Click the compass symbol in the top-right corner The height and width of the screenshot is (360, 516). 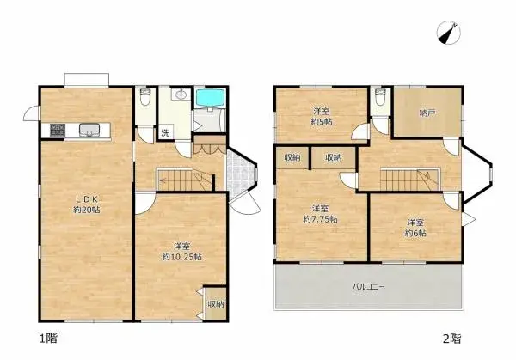coord(448,33)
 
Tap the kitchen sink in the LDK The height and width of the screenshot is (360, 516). coord(90,131)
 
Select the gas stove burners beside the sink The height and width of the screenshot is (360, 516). coord(58,131)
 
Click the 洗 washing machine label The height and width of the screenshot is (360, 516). coord(163,132)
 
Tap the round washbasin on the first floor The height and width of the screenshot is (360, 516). coord(181,95)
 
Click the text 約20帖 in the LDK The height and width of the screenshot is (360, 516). coord(87,211)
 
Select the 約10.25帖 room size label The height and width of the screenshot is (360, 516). coord(182,256)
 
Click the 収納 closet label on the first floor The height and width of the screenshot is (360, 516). coord(215,303)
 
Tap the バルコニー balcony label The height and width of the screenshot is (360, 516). coord(367,285)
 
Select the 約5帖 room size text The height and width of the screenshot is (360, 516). coord(322,122)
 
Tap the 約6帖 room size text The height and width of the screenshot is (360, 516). coord(418,231)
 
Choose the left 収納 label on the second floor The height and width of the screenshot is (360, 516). coord(292,157)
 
